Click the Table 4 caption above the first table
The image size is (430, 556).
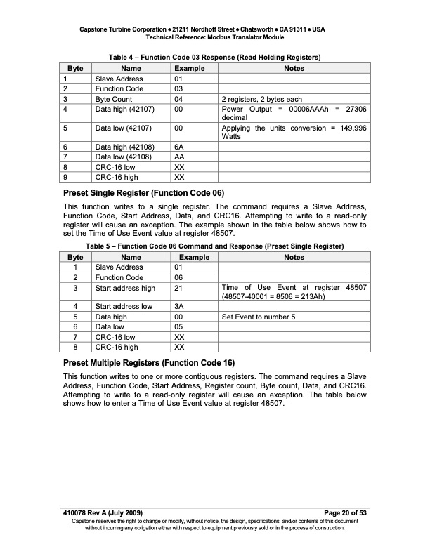(x=214, y=56)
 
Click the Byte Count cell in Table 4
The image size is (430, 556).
(x=115, y=99)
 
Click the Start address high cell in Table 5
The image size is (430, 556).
(x=125, y=287)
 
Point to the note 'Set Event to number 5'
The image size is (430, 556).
(x=258, y=317)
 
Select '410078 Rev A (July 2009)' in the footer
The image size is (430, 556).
(x=103, y=514)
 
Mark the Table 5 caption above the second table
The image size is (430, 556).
(x=214, y=247)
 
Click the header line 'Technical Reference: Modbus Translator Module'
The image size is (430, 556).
(x=214, y=37)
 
